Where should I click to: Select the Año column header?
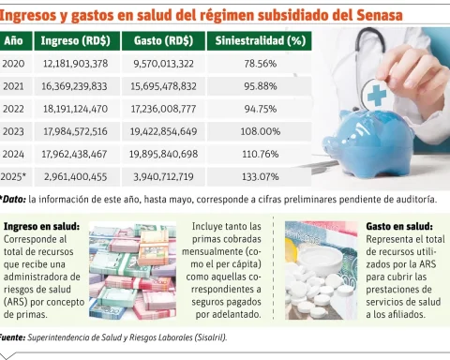coord(13,41)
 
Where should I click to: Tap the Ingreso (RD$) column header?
coord(75,41)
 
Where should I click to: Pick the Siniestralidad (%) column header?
coord(261,41)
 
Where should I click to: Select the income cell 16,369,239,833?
coord(75,86)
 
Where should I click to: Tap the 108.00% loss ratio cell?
coord(262,131)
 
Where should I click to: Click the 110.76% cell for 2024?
coord(261,154)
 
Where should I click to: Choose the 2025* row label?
coord(14,176)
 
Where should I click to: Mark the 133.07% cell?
coord(261,176)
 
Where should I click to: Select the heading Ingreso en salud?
coord(41,227)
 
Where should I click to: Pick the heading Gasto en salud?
coord(398,227)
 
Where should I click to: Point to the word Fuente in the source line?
coord(11,336)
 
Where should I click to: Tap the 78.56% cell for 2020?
coord(261,64)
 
